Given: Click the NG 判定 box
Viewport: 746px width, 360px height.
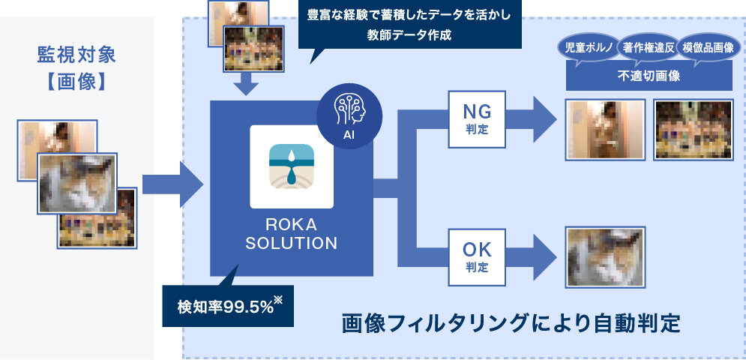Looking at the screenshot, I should [x=478, y=118].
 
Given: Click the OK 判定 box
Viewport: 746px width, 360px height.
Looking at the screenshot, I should [x=478, y=257].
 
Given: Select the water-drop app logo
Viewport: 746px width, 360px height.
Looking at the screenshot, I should [x=292, y=166].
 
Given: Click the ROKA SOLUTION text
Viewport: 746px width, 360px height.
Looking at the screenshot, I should [x=292, y=234].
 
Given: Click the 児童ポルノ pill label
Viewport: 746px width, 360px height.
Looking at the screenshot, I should [x=587, y=48].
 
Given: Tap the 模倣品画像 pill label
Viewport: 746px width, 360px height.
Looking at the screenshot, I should [x=708, y=48].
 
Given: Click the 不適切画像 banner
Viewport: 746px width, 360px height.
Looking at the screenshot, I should [x=649, y=75].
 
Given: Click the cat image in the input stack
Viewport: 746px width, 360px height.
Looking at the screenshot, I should [x=77, y=183].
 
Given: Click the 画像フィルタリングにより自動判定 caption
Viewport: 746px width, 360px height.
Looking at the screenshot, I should [x=511, y=324].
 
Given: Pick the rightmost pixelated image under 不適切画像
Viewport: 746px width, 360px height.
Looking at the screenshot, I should [x=693, y=129].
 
